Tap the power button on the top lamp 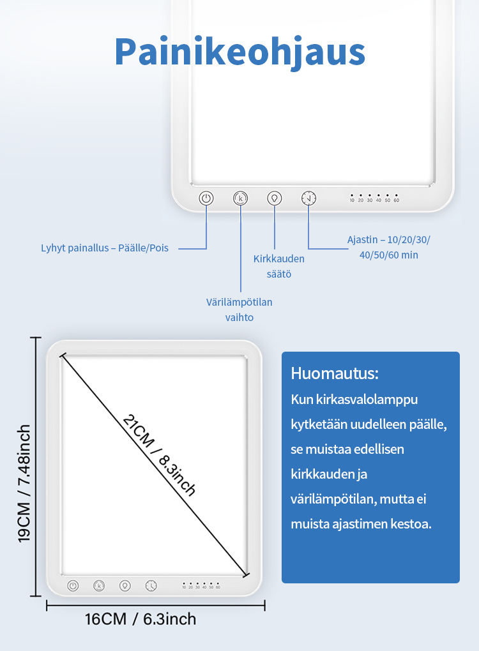point(206,198)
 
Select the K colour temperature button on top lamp point(240,198)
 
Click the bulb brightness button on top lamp point(275,198)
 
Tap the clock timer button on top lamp point(308,198)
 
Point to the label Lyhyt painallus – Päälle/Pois point(105,248)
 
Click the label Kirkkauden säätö point(278,266)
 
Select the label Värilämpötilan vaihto point(239,309)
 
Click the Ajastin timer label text point(388,247)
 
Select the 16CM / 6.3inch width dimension point(141,618)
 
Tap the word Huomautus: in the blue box point(334,373)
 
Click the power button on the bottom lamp point(73,585)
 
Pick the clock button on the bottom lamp point(151,585)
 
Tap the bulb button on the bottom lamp point(125,585)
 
